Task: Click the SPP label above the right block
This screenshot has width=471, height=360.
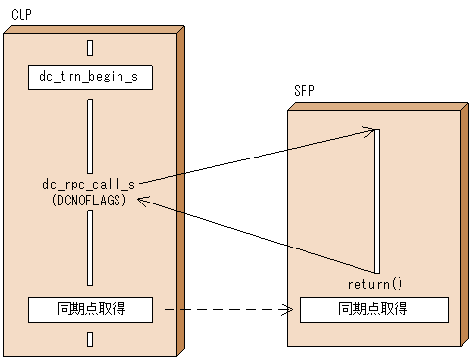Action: pos(305,92)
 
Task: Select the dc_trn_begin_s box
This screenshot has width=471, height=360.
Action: pos(90,76)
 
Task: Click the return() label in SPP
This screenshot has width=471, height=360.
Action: pos(375,285)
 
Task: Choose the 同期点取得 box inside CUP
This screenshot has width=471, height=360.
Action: pos(90,309)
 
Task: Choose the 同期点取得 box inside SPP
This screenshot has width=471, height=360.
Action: pos(373,309)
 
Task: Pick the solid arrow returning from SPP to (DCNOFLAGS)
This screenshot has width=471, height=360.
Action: pos(255,235)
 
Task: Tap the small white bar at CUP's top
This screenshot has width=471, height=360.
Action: pos(90,46)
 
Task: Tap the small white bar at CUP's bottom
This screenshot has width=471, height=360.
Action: pos(90,339)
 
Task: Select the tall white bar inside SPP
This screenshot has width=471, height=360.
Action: pos(376,201)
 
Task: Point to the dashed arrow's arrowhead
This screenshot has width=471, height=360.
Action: pos(288,310)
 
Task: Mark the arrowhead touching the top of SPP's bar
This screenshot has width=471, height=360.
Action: pos(369,129)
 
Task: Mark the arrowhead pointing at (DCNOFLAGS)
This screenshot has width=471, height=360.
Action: pos(143,200)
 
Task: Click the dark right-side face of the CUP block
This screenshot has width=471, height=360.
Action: pos(179,186)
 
